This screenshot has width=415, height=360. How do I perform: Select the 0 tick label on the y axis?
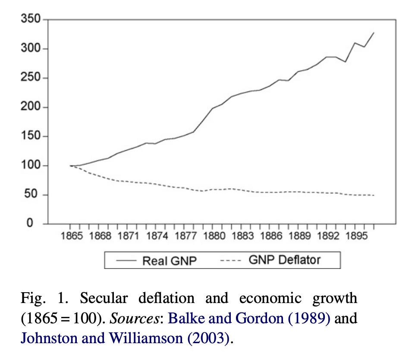pyautogui.click(x=37, y=224)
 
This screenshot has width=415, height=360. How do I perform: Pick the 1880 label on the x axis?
pyautogui.click(x=214, y=236)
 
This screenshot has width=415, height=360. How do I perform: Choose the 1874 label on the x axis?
pyautogui.click(x=157, y=236)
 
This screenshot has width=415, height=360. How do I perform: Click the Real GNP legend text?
pyautogui.click(x=170, y=260)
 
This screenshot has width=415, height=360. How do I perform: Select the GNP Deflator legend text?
pyautogui.click(x=285, y=260)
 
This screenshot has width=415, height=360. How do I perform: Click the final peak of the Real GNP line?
pyautogui.click(x=374, y=32)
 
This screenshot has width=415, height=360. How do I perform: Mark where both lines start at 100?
pyautogui.click(x=70, y=165)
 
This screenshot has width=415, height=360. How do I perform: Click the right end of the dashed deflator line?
pyautogui.click(x=374, y=196)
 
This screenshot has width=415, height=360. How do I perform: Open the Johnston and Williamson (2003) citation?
pyautogui.click(x=125, y=338)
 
